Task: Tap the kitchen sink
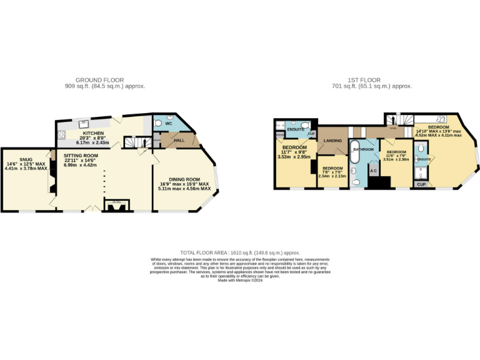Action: [83, 124]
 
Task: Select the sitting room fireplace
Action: [116, 206]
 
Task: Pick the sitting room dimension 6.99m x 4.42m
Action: [81, 164]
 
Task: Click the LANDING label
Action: [332, 141]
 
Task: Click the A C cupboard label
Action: [374, 170]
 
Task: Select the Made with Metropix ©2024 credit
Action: [239, 280]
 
